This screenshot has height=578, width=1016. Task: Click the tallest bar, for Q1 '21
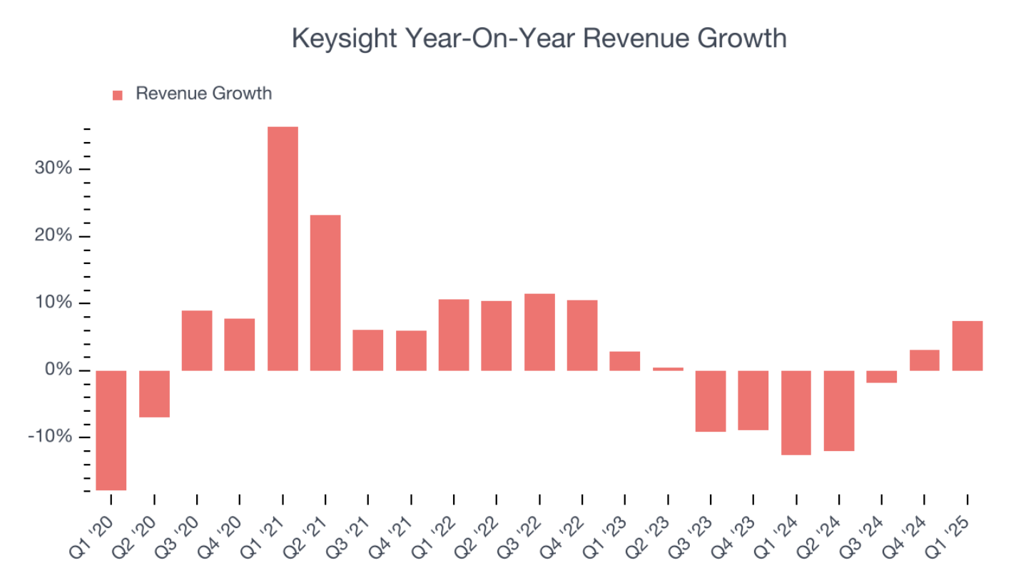click(283, 248)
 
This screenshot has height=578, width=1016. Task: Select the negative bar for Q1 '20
click(111, 430)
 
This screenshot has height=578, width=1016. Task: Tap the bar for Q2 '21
click(325, 293)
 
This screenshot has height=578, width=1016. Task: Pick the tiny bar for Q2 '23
click(668, 369)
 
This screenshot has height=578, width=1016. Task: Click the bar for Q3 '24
click(882, 377)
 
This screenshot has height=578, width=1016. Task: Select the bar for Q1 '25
click(967, 346)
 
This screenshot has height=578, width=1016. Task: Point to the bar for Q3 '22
click(539, 332)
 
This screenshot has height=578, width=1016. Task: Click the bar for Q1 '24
click(796, 412)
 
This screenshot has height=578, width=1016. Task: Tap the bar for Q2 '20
click(154, 394)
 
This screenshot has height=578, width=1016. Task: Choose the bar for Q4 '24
click(925, 360)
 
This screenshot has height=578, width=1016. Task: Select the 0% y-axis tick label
click(61, 370)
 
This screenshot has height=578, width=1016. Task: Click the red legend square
click(118, 95)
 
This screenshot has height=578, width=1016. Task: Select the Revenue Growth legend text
click(203, 93)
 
